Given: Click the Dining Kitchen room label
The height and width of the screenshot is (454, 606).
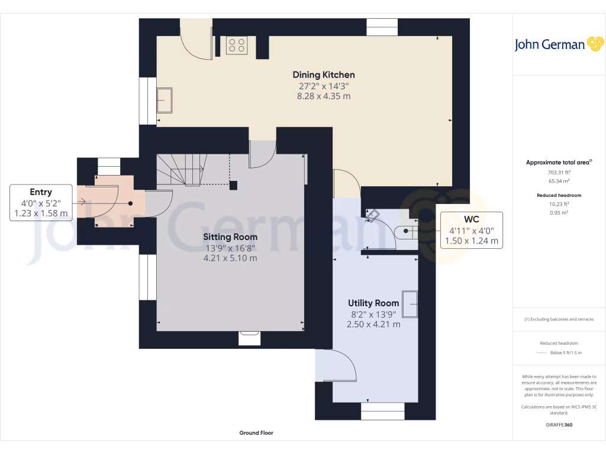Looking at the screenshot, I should click(x=324, y=75).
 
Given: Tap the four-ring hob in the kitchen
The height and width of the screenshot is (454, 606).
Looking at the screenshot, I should click(x=237, y=46).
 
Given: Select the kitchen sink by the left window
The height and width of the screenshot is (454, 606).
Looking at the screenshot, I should click(x=164, y=100).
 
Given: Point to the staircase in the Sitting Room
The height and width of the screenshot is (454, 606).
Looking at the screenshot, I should click(x=183, y=170).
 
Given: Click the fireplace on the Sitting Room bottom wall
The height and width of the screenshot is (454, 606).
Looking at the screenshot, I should click(x=249, y=338).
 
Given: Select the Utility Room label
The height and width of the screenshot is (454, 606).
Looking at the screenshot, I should click(x=373, y=303).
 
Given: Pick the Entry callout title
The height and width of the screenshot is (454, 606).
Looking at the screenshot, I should click(x=41, y=192).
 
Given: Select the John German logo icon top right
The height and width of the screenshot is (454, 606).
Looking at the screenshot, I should click(x=594, y=44).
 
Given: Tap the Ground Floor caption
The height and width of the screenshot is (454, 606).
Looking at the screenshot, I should click(x=256, y=433).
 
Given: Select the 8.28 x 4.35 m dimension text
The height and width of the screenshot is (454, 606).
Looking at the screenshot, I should click(x=324, y=96).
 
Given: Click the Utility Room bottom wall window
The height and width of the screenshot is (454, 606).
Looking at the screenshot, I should click(x=382, y=411).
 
